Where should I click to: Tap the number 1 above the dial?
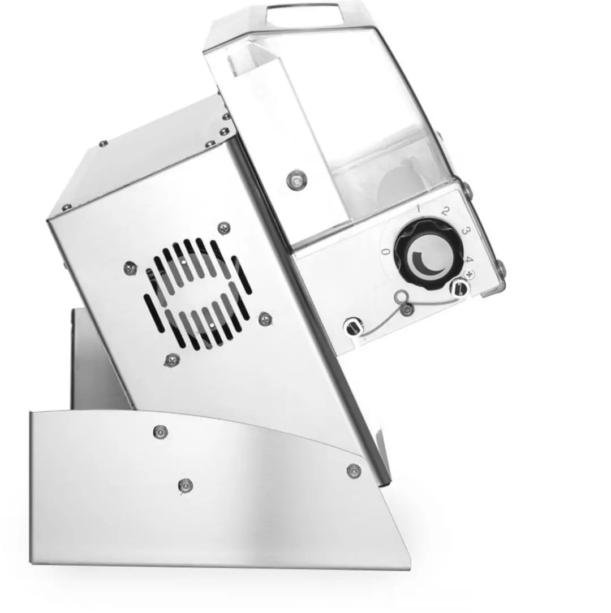(x=419, y=208)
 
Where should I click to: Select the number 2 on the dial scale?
(x=445, y=211)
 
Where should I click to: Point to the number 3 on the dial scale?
(x=466, y=231)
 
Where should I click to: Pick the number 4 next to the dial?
(x=469, y=260)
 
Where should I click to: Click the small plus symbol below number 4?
(x=470, y=273)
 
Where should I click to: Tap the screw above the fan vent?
(x=223, y=228)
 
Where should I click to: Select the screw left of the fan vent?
(x=130, y=268)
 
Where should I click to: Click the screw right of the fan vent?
(x=265, y=318)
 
